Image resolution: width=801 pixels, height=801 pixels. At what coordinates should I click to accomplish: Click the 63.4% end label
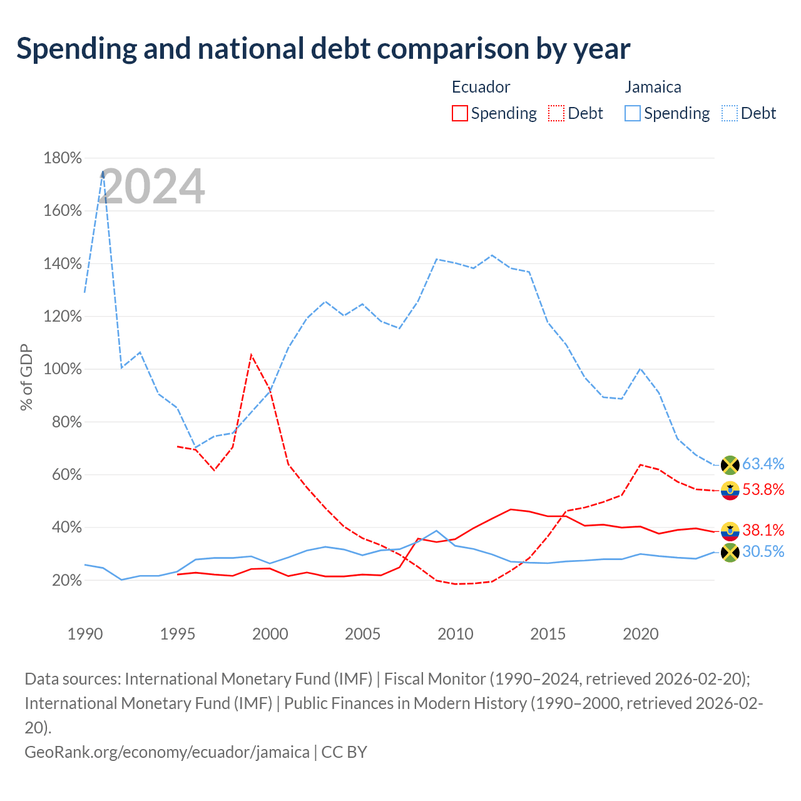tap(763, 464)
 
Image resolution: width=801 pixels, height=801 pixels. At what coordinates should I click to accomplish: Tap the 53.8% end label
tap(763, 489)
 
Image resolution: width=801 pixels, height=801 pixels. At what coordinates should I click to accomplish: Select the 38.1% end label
tap(763, 530)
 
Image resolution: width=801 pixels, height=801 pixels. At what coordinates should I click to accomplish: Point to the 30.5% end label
tap(763, 551)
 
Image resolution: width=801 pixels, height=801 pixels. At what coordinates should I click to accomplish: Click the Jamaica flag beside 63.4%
tap(730, 465)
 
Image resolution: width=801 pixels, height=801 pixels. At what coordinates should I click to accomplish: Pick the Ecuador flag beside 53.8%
tap(730, 491)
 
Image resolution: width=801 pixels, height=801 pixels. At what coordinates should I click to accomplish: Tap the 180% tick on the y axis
tap(63, 158)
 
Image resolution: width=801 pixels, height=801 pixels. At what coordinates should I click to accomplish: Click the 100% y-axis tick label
tap(63, 369)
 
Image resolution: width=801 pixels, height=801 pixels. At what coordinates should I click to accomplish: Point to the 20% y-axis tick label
tap(66, 580)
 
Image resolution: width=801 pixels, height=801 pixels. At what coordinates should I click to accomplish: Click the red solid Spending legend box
tap(459, 113)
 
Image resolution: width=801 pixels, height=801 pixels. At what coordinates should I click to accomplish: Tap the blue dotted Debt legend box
tap(729, 113)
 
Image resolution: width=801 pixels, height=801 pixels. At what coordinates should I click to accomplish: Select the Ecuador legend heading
tap(481, 87)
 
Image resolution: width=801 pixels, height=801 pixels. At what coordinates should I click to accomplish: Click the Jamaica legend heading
tap(653, 87)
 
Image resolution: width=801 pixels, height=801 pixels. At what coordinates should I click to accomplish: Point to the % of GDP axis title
tap(26, 377)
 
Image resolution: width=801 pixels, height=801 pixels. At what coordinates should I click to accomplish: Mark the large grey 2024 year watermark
tap(151, 185)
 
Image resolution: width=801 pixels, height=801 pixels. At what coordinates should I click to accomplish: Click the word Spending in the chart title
tap(76, 49)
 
